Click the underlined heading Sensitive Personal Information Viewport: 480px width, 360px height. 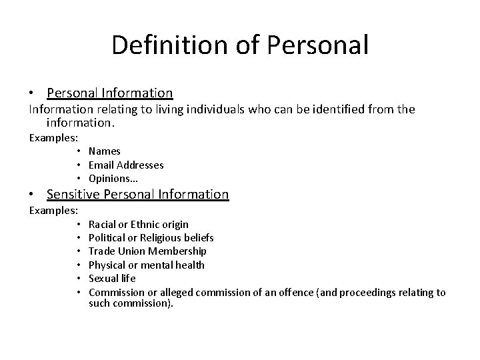[x=137, y=195]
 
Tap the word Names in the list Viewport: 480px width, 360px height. [x=105, y=151]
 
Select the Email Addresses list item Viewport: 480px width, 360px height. [x=126, y=165]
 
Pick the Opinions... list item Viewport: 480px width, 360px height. [x=113, y=178]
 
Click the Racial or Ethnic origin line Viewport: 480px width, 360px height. [x=138, y=225]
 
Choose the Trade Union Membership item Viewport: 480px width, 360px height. [x=147, y=251]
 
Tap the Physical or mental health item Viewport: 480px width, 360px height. [x=146, y=265]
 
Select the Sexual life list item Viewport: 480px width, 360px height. [x=112, y=278]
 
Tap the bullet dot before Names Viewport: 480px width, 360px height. [x=79, y=151]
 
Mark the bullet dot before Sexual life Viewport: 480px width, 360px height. [x=79, y=278]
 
